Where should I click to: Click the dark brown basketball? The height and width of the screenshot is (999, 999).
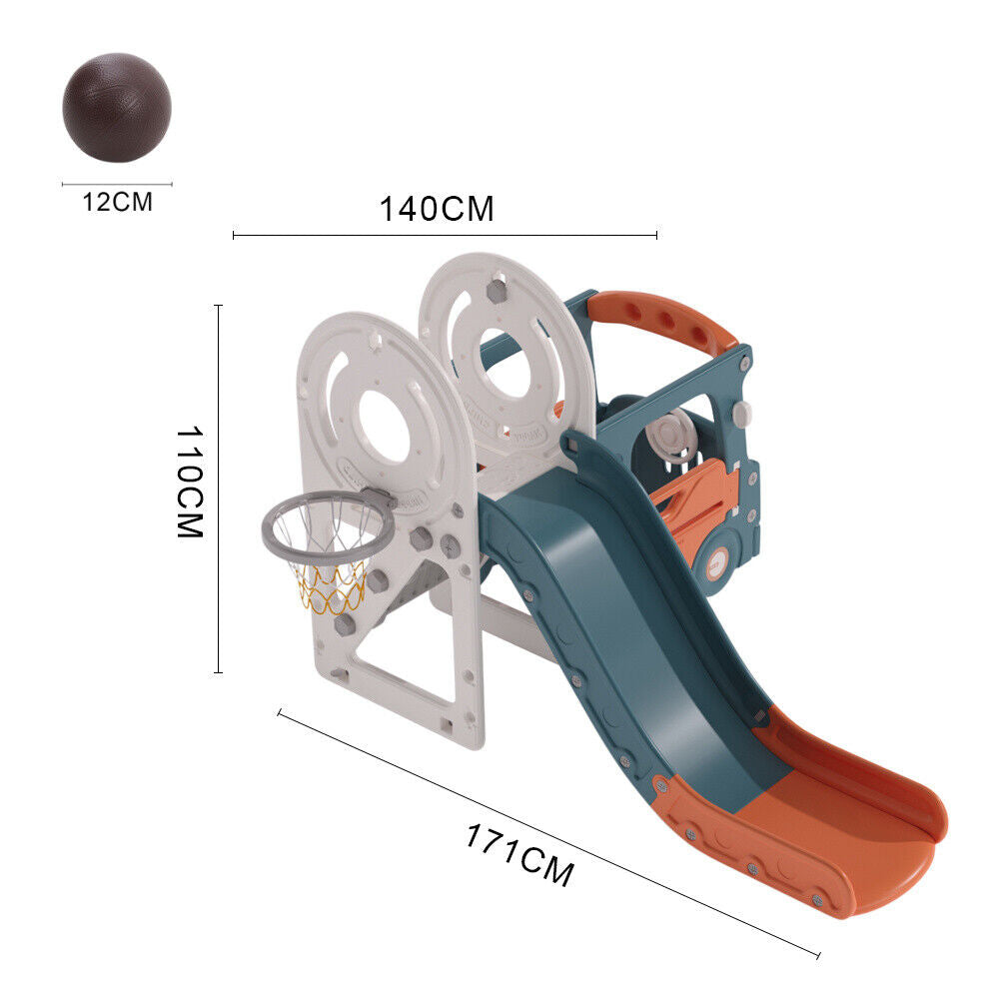click(x=117, y=108)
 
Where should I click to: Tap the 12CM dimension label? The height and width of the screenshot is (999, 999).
click(x=118, y=202)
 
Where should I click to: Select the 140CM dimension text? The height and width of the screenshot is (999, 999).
click(x=437, y=209)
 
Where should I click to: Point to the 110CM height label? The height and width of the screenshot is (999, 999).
click(x=190, y=482)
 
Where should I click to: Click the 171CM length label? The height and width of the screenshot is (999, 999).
click(x=519, y=854)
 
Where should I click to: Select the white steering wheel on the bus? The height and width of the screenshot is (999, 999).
click(x=670, y=436)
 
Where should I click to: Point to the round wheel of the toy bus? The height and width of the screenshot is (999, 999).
click(x=716, y=563)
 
